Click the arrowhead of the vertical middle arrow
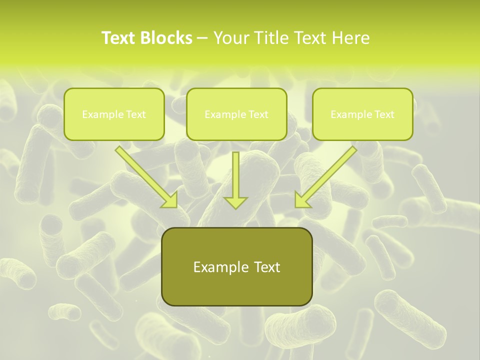(235, 202)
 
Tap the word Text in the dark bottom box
(266, 267)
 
